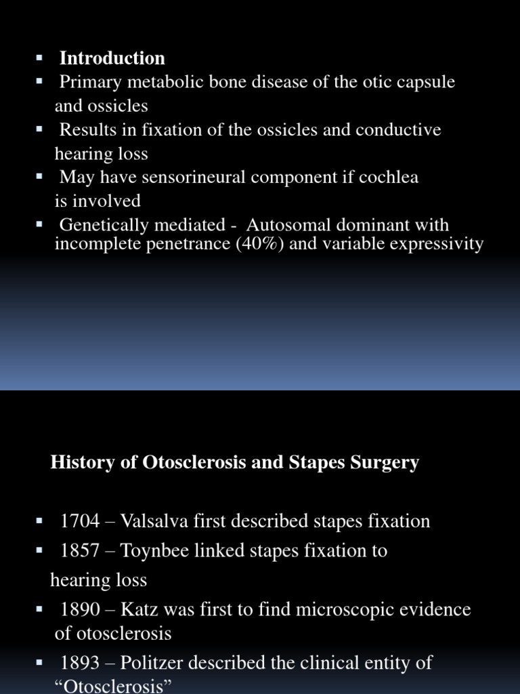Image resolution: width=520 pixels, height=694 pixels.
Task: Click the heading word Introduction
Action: [112, 58]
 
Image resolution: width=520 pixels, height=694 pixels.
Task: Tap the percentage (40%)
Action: [261, 244]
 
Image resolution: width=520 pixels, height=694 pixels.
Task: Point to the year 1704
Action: [80, 521]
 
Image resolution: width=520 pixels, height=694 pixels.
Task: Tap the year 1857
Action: [80, 551]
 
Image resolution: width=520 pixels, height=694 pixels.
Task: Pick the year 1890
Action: [80, 609]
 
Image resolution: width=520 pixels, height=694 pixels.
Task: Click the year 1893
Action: [80, 662]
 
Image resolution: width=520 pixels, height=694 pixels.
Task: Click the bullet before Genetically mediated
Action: [39, 224]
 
